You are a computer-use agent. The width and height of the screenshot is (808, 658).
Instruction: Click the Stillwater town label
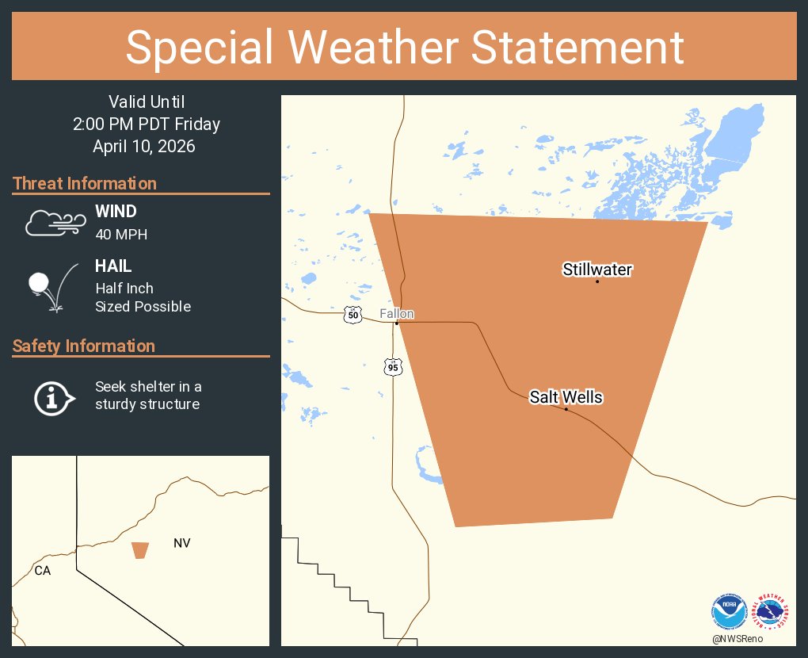coord(597,270)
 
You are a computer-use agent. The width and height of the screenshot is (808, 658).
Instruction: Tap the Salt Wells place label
coord(566,397)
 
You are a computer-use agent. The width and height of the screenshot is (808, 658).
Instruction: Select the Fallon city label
coord(396,314)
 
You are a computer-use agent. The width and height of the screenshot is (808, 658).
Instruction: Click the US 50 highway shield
coord(353,316)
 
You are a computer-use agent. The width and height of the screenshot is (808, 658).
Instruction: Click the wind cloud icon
coord(55,223)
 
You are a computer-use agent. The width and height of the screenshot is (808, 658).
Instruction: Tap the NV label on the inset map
coord(182,543)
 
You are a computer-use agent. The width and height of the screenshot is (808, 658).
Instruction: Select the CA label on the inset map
coord(43,570)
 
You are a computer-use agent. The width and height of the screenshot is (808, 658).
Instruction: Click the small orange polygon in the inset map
coord(140,550)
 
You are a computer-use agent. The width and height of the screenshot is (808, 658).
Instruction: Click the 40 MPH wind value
coord(121,235)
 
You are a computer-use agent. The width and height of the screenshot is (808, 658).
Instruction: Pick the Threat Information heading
coord(85,183)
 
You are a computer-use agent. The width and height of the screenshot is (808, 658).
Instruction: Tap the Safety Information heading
coord(84,346)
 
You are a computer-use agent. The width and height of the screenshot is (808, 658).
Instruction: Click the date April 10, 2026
coord(143,147)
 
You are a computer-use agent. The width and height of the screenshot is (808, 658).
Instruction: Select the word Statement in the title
coord(578,48)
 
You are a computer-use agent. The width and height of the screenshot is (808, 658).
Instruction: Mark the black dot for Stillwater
coord(597,281)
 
